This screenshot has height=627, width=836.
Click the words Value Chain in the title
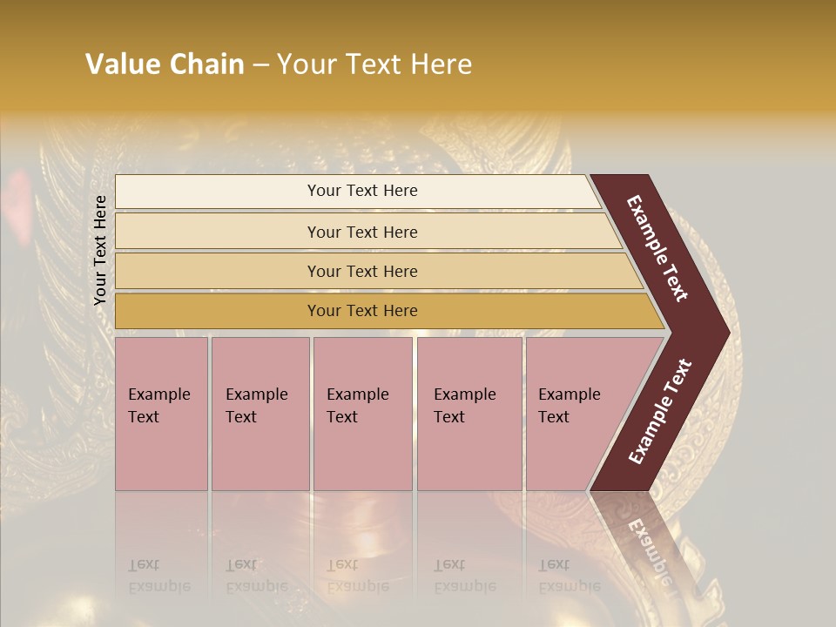pos(165,64)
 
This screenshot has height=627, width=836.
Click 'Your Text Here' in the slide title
pos(374,64)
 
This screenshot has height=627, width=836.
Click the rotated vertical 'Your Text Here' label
pos(100,251)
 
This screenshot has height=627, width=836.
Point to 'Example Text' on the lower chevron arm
pos(660,412)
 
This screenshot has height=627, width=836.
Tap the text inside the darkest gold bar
pos(362,311)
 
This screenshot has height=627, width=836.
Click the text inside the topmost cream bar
pos(362,191)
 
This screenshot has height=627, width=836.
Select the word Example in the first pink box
pos(158,394)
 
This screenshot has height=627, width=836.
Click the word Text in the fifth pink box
pos(554,417)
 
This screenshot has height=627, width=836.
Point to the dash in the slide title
pos(260,65)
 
